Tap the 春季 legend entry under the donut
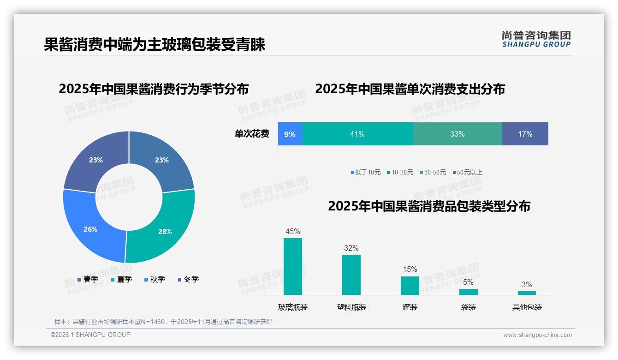(88, 279)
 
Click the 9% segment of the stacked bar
(290, 134)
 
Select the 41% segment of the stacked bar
(357, 134)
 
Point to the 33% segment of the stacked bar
(457, 134)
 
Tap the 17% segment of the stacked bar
(525, 134)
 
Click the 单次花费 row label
(252, 134)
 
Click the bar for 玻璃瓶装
(293, 266)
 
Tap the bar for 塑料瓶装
(351, 275)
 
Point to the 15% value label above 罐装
(410, 269)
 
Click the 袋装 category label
(468, 307)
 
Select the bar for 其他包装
(527, 293)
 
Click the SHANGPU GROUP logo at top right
(536, 39)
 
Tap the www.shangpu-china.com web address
(537, 335)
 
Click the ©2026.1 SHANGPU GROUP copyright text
(90, 335)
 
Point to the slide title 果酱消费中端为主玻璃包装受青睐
(154, 45)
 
